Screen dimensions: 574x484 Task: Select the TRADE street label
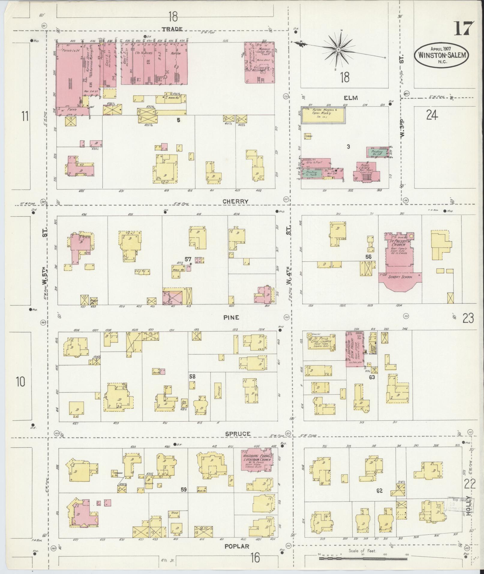172,29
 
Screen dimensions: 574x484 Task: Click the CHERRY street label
235,202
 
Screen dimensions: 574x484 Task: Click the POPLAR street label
237,547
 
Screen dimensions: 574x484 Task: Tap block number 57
188,259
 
